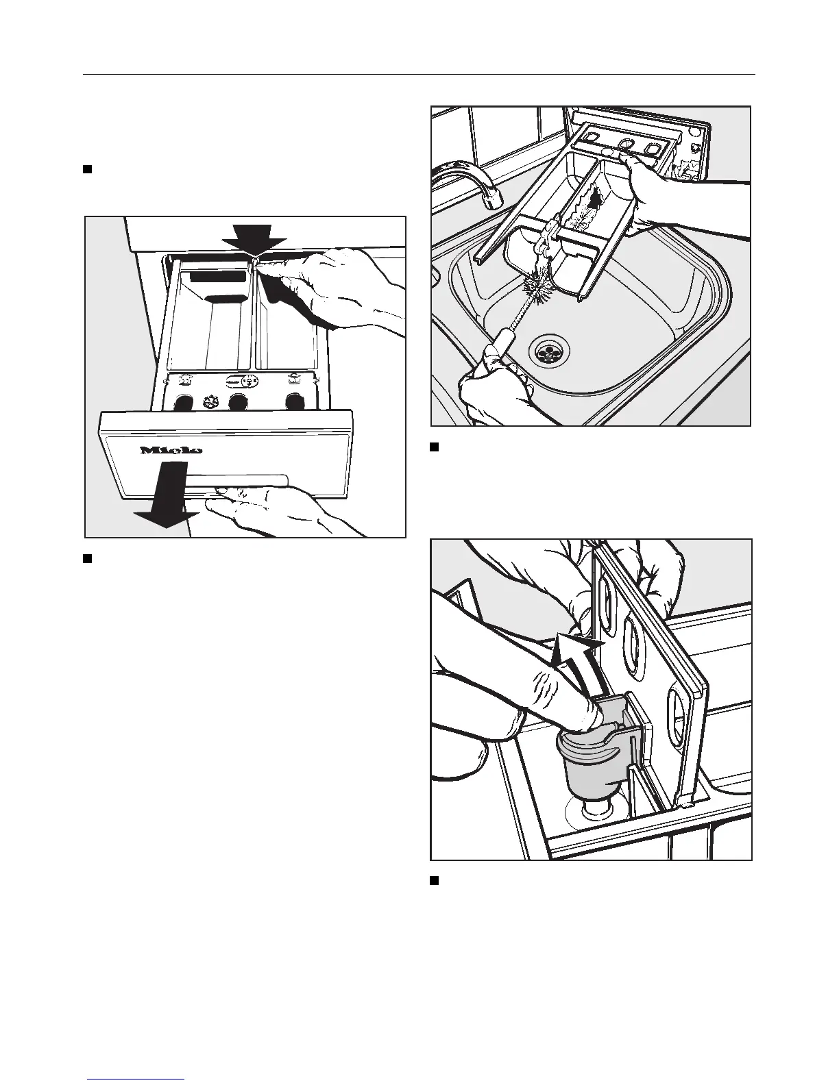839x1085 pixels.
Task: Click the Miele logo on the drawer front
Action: (171, 450)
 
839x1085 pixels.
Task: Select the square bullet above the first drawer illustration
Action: (87, 169)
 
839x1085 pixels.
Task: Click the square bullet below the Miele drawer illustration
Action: (87, 558)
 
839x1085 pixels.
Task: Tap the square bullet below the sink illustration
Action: (433, 447)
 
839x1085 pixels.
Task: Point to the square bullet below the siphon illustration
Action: (433, 880)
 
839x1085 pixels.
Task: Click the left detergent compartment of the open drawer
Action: (209, 322)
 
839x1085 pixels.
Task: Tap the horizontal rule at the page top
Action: (419, 74)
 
